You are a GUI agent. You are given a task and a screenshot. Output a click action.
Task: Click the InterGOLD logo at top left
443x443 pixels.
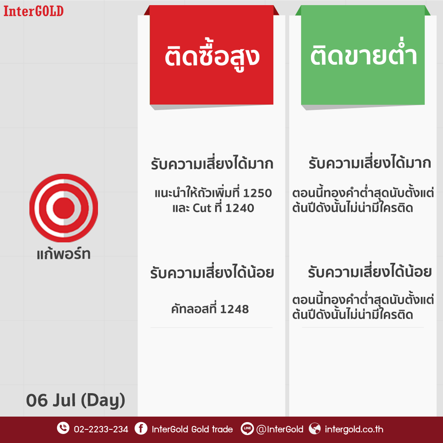click(33, 11)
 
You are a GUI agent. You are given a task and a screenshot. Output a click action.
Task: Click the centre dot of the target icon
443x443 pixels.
click(63, 208)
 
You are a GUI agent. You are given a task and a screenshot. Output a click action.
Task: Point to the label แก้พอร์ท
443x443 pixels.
click(63, 253)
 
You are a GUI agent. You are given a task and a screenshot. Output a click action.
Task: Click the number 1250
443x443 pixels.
click(257, 193)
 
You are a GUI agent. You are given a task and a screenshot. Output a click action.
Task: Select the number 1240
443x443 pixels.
click(239, 208)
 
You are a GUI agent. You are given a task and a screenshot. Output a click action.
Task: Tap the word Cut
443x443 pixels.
click(202, 208)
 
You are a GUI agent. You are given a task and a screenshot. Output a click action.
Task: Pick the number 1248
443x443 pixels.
click(234, 309)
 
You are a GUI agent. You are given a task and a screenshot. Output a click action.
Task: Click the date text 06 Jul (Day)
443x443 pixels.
click(75, 400)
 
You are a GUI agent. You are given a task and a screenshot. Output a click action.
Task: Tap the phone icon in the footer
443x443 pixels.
click(63, 428)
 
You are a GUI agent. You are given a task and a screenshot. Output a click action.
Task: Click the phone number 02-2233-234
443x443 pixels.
click(101, 429)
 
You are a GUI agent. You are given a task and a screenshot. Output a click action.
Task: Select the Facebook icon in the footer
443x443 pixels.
click(141, 429)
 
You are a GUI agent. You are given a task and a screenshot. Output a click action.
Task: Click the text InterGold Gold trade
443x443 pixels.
click(192, 429)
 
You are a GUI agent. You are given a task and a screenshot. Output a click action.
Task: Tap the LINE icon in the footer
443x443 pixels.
click(247, 429)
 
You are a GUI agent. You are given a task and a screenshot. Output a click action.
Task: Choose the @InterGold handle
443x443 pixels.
click(280, 429)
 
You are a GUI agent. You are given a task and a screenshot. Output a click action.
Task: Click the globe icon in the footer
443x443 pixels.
click(314, 429)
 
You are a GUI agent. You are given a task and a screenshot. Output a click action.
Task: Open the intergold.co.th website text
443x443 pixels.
click(354, 429)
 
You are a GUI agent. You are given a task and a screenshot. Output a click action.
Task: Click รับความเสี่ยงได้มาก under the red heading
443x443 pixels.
click(212, 163)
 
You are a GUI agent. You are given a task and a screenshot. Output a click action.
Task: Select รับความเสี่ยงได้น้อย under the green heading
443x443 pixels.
click(370, 272)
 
